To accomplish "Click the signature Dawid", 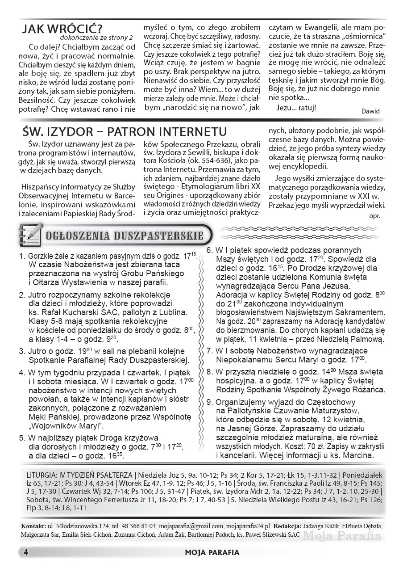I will [x=370, y=124].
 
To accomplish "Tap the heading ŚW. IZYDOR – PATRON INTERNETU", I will [x=125, y=132].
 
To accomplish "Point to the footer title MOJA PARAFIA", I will [x=212, y=552].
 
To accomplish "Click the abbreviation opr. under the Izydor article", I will [x=374, y=215].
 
